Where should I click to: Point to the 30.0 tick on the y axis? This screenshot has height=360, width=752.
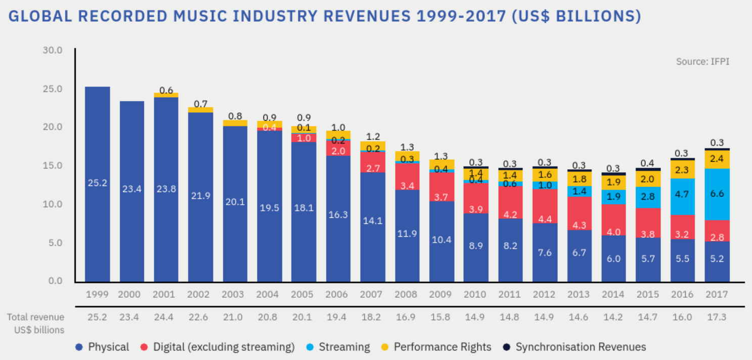(x=53, y=50)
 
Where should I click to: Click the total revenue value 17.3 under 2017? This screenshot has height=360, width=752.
(x=717, y=318)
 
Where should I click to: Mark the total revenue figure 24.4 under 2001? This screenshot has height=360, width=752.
(x=166, y=318)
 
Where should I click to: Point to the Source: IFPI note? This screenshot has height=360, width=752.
(x=702, y=62)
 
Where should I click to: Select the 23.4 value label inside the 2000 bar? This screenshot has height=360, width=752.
(x=131, y=189)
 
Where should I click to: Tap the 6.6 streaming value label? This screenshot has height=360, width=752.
(x=717, y=194)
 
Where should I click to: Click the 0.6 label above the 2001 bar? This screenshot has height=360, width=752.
(x=166, y=90)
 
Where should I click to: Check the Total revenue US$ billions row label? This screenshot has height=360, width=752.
(x=35, y=324)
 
